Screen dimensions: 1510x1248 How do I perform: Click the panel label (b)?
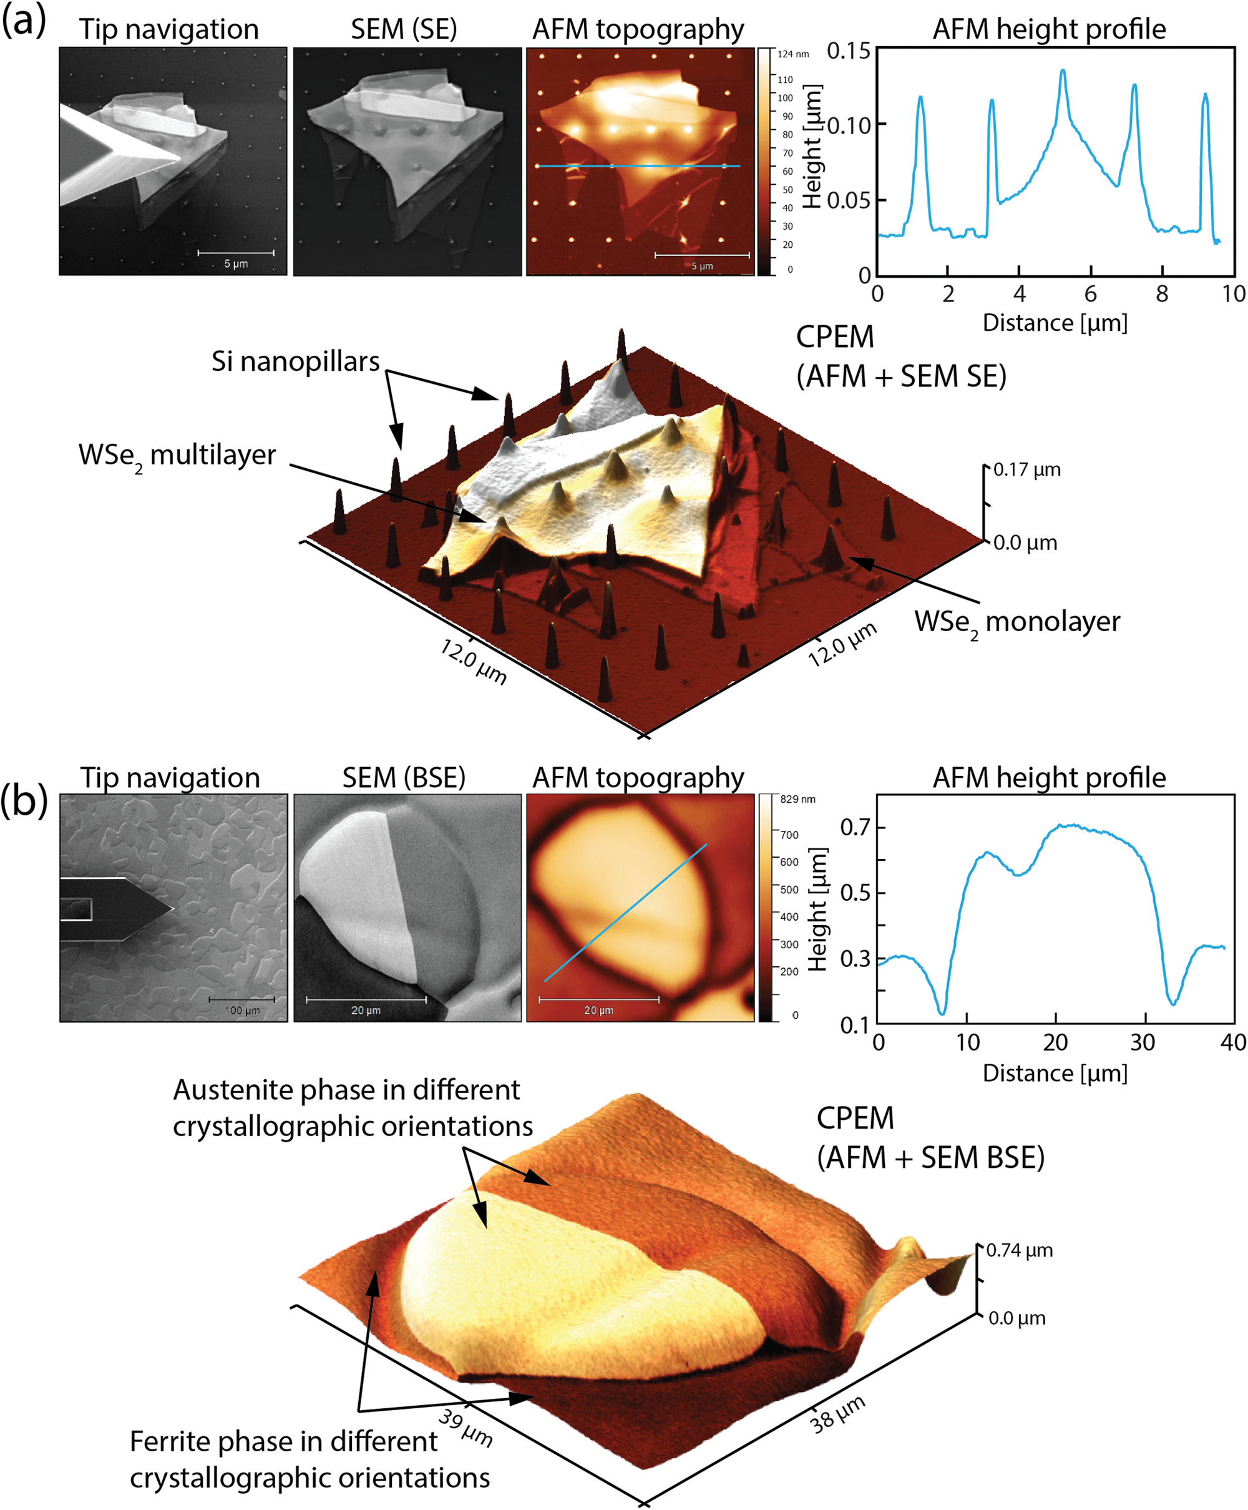[24, 800]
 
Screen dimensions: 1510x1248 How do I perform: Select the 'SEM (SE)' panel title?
[404, 29]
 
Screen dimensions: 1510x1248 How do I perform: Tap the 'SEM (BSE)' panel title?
[404, 778]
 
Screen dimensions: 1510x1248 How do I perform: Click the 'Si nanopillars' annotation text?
[295, 361]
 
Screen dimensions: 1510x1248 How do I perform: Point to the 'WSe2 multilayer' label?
[177, 456]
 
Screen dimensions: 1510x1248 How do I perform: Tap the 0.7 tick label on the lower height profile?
[855, 828]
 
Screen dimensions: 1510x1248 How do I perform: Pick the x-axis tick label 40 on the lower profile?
[1233, 1042]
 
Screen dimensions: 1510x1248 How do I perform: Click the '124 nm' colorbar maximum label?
[793, 54]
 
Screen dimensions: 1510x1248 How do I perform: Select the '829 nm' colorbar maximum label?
[797, 799]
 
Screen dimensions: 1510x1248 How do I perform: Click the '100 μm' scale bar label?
[242, 1010]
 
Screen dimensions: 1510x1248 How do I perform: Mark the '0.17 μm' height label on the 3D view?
[1026, 470]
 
